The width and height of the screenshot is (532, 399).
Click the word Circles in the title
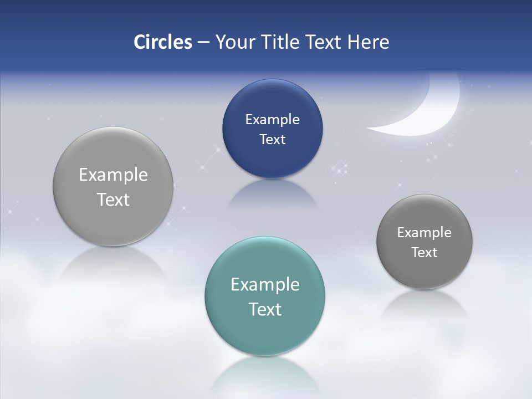tap(162, 42)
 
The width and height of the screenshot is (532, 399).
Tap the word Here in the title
tap(368, 42)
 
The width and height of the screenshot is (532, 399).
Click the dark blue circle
tap(272, 129)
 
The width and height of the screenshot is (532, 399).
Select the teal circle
tap(265, 296)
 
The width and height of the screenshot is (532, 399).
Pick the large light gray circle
tap(113, 187)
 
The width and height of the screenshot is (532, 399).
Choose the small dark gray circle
tap(424, 242)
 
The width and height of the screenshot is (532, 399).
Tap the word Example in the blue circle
tap(272, 119)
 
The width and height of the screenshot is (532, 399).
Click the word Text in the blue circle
tap(272, 139)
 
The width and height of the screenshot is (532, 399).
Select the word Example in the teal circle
tap(265, 284)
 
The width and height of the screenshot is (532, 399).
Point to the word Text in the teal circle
tap(265, 309)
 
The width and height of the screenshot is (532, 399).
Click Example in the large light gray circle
tap(113, 175)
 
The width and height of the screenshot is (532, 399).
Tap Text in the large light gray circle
tap(113, 199)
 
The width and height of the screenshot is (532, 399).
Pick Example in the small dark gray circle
tap(424, 232)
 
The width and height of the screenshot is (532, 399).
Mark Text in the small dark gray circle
tap(424, 252)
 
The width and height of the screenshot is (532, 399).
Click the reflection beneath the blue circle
tap(272, 194)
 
